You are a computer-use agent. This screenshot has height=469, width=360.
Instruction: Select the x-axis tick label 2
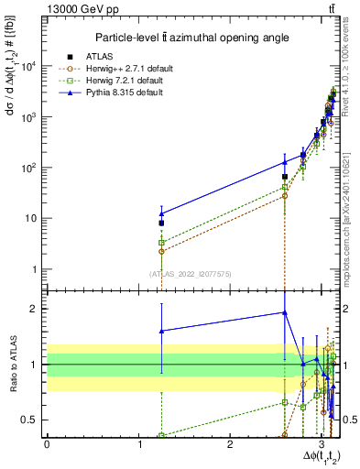pos(230,442)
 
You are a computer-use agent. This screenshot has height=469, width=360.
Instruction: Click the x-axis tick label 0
pos(47,442)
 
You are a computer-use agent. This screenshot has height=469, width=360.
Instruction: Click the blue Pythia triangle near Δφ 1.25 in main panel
pos(161,213)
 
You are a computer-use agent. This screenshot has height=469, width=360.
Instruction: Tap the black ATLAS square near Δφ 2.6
pos(285,177)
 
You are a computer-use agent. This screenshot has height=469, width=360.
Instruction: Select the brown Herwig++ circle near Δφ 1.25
pos(161,250)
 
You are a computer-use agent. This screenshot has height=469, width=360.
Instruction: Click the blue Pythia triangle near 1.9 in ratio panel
pos(285,312)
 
